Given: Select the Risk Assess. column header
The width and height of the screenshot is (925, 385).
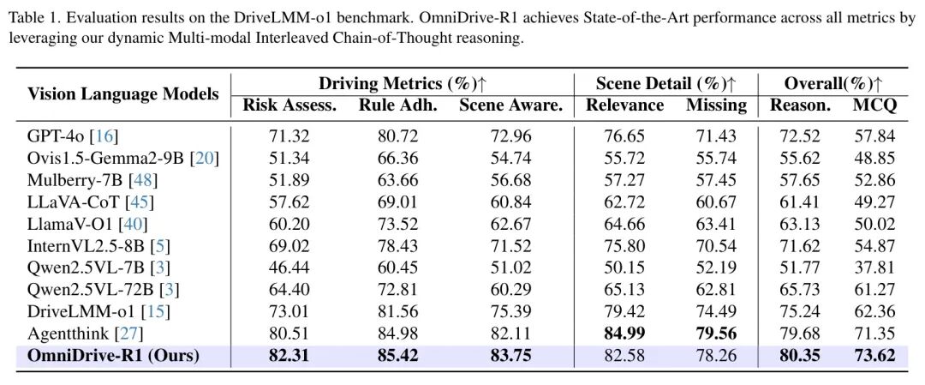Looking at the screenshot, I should (289, 105).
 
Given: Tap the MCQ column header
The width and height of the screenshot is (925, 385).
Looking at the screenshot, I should (874, 105).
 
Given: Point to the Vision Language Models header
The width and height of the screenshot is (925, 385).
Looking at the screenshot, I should (123, 94).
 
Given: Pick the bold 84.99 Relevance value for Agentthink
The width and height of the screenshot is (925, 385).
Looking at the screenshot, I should (624, 333).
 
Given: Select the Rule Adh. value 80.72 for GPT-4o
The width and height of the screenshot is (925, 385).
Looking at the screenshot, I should (397, 135).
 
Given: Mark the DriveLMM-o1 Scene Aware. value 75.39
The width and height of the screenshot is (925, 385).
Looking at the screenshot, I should (510, 310).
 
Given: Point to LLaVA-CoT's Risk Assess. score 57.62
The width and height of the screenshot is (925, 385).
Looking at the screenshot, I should (289, 202).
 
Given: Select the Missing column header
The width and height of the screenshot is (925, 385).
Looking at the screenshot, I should (716, 105).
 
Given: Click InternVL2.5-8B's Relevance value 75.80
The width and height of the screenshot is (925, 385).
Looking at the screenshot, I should (624, 245).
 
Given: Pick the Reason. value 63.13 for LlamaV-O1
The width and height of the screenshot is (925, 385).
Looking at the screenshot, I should (800, 223).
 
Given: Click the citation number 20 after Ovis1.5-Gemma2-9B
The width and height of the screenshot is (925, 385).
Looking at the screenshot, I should (206, 158).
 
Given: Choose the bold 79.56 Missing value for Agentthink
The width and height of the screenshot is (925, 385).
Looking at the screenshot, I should (716, 333).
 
